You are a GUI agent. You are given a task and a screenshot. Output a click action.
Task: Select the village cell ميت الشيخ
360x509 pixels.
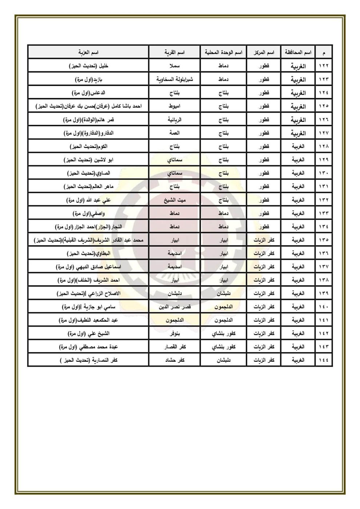coord(175,200)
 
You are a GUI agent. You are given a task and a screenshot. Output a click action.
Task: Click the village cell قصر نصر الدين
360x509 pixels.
coord(175,307)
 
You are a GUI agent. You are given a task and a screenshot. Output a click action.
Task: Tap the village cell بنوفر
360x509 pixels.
coord(175,333)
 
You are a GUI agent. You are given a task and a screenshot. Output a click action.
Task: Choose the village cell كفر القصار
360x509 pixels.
coord(175,347)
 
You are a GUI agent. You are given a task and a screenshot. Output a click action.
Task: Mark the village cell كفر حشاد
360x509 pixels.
coord(175,360)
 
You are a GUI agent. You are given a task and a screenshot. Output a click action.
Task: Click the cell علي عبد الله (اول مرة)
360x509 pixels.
coord(88,200)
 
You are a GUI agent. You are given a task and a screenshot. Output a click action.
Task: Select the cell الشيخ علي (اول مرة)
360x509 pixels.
coord(88,333)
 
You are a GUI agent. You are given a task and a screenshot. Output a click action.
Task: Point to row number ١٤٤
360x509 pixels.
coord(324,360)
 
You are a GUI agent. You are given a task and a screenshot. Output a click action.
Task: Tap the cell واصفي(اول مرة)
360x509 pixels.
coord(88,213)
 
